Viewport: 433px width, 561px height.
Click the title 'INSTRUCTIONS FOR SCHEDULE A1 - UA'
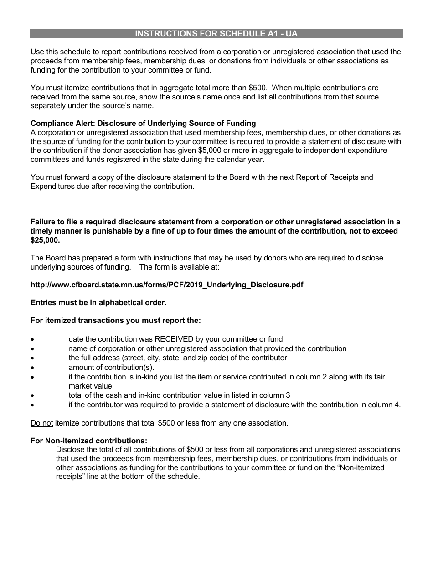[216, 34]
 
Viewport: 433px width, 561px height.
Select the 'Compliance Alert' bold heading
[143, 123]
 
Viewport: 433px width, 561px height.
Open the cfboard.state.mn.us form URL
[167, 285]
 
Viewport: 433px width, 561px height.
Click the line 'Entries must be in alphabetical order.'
[98, 302]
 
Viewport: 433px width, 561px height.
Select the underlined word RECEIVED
[174, 339]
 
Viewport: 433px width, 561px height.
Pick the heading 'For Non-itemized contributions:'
[89, 441]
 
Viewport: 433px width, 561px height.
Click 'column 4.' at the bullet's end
[387, 405]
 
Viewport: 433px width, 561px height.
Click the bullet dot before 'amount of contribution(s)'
[32, 368]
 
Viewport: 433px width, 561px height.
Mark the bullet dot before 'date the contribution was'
[32, 339]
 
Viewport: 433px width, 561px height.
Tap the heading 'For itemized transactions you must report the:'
[115, 320]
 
